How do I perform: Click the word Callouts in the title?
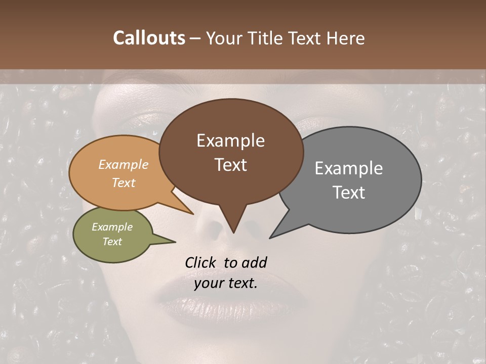[149, 38]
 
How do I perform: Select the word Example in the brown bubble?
[230, 141]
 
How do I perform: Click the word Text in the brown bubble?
[230, 165]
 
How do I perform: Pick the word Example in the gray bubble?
[349, 168]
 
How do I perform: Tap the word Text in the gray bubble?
[349, 193]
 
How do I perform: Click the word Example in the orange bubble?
[124, 164]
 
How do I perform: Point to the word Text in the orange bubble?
[124, 183]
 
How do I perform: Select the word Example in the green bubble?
[112, 227]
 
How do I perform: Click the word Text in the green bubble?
[112, 242]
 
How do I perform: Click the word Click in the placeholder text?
[201, 262]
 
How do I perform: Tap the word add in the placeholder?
[254, 262]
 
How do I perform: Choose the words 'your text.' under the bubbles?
[226, 283]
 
